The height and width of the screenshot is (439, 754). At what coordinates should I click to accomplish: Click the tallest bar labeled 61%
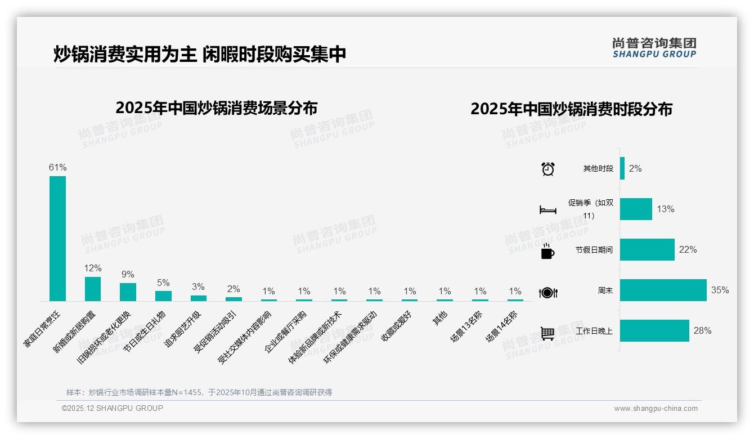coord(57,238)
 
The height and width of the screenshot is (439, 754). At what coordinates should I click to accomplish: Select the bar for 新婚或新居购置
coord(93,289)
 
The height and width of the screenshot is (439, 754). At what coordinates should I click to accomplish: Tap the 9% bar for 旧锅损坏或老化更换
coord(128,292)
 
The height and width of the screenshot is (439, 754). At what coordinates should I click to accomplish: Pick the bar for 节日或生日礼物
coord(163,295)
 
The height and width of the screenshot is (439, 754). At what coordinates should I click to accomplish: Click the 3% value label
coord(198,287)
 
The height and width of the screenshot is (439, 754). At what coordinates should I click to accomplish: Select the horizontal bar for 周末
coord(663,290)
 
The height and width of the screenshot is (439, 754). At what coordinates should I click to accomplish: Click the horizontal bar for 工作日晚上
coord(654,331)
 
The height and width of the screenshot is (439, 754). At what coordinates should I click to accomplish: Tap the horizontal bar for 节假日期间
coord(647,250)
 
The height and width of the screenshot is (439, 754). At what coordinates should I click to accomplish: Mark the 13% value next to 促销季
coord(665,209)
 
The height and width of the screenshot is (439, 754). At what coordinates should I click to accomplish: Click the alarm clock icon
coord(547,169)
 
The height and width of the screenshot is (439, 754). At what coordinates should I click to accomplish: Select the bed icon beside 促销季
coord(547,210)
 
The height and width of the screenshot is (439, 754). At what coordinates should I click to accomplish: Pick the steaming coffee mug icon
coord(547,251)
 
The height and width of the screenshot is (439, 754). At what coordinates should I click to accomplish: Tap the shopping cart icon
coord(547,333)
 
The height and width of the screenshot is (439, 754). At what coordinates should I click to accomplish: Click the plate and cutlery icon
coord(547,292)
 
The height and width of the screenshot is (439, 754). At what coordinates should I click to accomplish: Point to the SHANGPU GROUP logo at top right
coord(654,48)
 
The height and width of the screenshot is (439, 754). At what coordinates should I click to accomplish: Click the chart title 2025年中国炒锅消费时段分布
coord(571,109)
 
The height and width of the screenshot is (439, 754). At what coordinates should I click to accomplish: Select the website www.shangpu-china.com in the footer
coord(656,409)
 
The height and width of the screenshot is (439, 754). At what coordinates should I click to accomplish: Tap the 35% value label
coord(720,290)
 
